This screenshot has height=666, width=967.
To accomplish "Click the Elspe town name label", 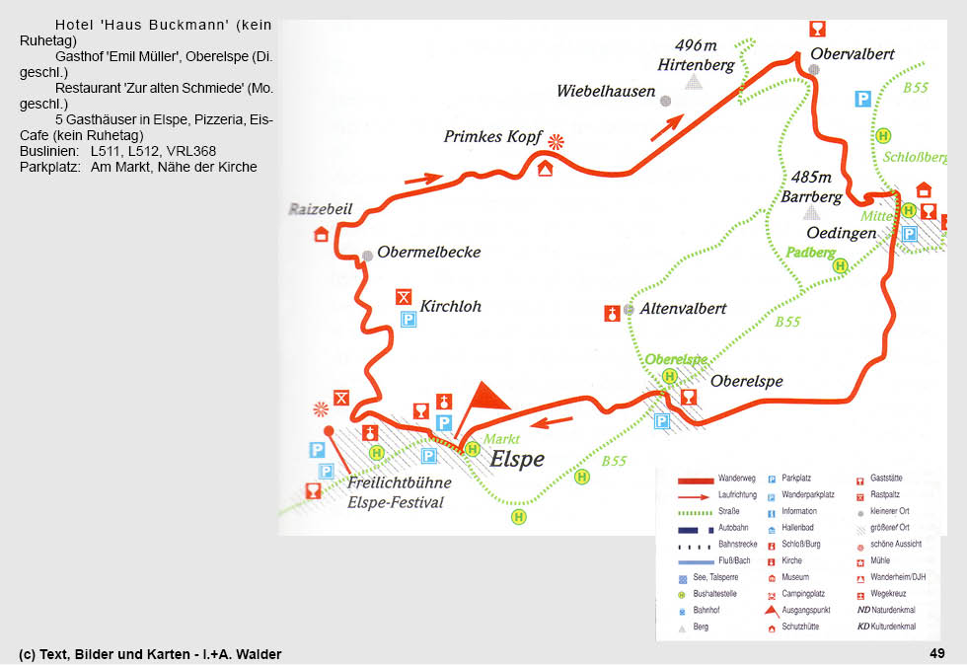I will pyautogui.click(x=517, y=460).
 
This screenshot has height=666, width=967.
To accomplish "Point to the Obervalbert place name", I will pyautogui.click(x=854, y=54).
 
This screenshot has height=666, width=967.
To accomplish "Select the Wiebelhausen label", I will pyautogui.click(x=606, y=92).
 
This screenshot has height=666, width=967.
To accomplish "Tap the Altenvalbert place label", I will pyautogui.click(x=683, y=309).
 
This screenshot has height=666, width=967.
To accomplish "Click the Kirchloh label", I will pyautogui.click(x=450, y=307).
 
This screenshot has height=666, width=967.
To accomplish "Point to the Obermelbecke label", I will pyautogui.click(x=428, y=253).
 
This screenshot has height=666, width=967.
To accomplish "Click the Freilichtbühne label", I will pyautogui.click(x=399, y=483).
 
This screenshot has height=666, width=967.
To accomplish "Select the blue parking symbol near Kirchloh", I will pyautogui.click(x=408, y=319).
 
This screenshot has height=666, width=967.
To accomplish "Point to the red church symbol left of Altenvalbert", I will pyautogui.click(x=612, y=314).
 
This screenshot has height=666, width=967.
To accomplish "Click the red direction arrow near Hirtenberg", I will pyautogui.click(x=667, y=126).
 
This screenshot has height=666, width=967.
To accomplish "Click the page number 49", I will pyautogui.click(x=936, y=653).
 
